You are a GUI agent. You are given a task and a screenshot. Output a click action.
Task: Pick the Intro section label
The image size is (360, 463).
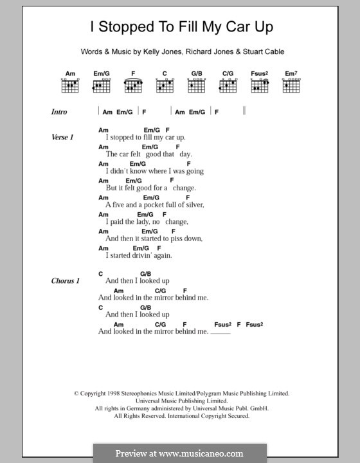pos(59,112)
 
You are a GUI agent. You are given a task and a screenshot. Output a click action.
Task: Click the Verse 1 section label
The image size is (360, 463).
pos(63,138)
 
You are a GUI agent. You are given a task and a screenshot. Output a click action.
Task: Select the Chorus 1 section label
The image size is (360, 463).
pos(66,281)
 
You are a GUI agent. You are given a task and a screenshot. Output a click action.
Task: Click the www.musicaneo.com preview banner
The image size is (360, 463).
pos(179,453)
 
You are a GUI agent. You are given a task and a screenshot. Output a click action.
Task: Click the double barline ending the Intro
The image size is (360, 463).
pos(245,112)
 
